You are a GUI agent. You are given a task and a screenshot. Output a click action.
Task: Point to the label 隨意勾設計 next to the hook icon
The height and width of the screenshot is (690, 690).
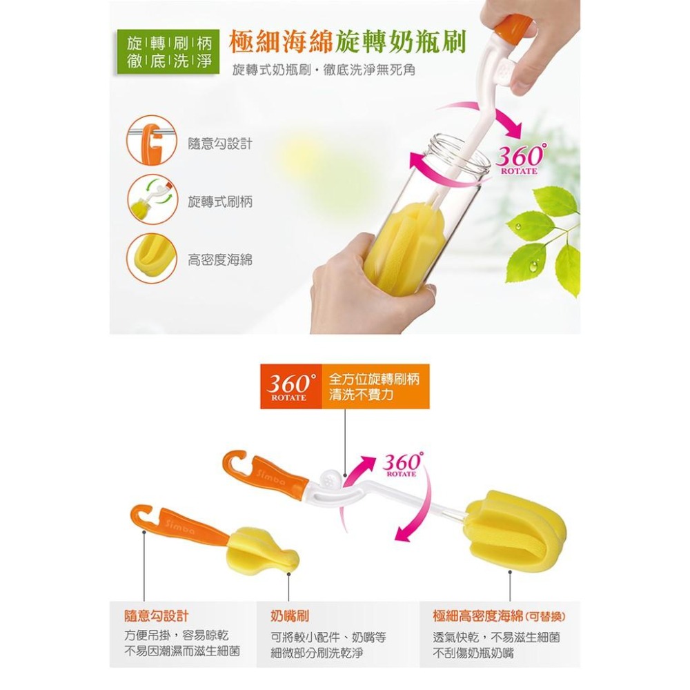tap(219, 144)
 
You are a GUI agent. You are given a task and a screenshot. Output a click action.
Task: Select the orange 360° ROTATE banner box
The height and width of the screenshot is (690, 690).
tap(291, 386)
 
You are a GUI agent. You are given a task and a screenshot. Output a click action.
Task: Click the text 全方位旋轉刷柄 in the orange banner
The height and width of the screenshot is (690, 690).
tap(375, 379)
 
